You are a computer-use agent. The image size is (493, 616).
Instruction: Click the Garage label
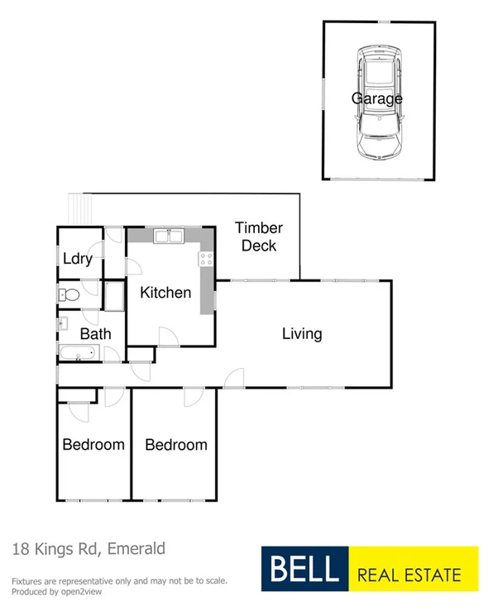pos(377,98)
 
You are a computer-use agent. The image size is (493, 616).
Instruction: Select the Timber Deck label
pos(259,236)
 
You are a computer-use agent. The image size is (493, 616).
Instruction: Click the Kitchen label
pos(165,292)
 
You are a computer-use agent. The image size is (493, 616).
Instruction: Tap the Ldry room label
pos(77,258)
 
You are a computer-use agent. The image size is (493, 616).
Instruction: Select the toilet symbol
pos(69,294)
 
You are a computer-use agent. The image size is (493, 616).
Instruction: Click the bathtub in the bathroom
pos(79,355)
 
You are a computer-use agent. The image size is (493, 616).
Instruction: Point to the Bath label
pos(95,334)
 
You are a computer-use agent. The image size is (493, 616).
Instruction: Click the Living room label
pos(302,334)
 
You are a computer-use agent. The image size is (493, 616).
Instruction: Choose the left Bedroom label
pos(93,444)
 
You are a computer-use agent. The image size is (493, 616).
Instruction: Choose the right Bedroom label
pos(176,445)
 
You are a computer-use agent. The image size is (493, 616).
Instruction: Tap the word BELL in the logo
pos(303,569)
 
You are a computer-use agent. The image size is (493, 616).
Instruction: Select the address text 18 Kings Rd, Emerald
pos(89,548)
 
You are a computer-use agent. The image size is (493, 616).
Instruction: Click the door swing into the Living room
pos(235,378)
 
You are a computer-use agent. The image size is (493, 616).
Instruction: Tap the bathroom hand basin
pos(62,325)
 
